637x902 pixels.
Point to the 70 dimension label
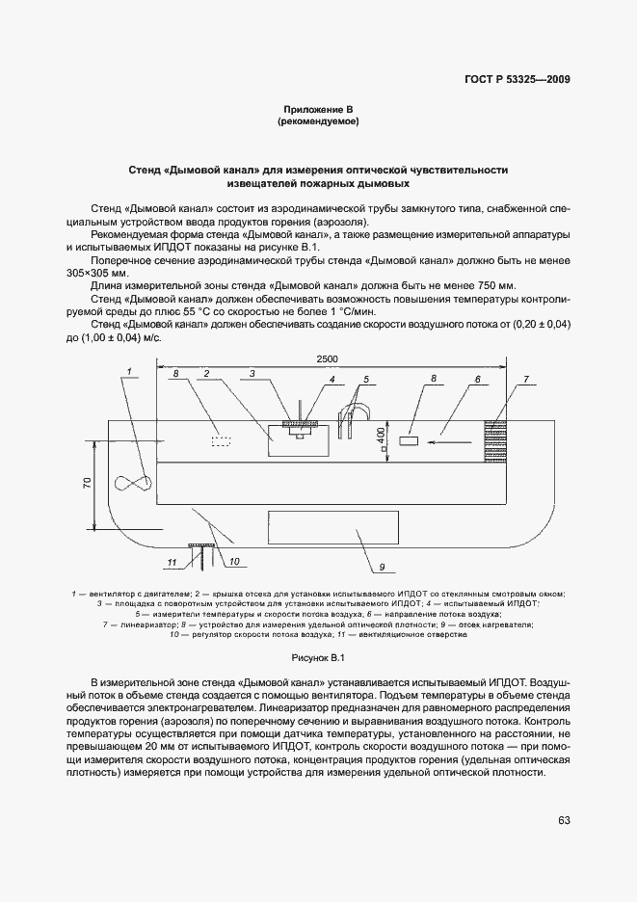86,484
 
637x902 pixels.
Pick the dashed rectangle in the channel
223,440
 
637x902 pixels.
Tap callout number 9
382,567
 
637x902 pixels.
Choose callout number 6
476,380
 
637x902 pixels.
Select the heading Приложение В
318,109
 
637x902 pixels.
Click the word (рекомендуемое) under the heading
318,122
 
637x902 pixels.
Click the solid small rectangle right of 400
408,440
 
